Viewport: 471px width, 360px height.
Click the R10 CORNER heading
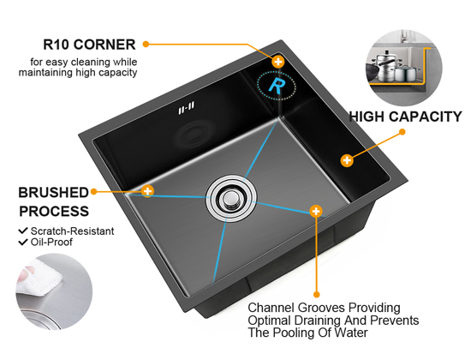(x=89, y=45)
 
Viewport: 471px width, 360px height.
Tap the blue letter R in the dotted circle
(x=277, y=86)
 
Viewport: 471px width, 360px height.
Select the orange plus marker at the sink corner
(x=278, y=62)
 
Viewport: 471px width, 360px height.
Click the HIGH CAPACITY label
(x=405, y=117)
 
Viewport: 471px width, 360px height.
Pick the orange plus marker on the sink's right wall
(x=347, y=160)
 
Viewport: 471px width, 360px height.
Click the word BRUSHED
(x=53, y=193)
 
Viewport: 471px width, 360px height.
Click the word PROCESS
(x=54, y=211)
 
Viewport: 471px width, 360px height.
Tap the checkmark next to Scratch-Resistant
(x=23, y=231)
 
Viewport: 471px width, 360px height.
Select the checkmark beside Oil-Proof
(x=23, y=242)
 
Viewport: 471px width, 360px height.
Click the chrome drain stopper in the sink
(x=231, y=198)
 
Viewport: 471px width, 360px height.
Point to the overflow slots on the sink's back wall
(x=186, y=108)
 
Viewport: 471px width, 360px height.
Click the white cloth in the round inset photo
(x=38, y=279)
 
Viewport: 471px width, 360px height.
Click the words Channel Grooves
(x=296, y=308)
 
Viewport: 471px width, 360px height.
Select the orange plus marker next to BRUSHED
(x=147, y=191)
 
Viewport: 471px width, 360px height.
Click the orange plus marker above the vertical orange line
(x=316, y=211)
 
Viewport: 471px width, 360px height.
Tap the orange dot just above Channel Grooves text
(x=316, y=294)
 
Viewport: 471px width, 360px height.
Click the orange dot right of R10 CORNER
(x=146, y=45)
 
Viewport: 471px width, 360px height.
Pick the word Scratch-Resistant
(x=72, y=231)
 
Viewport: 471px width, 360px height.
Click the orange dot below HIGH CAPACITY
(x=402, y=132)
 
